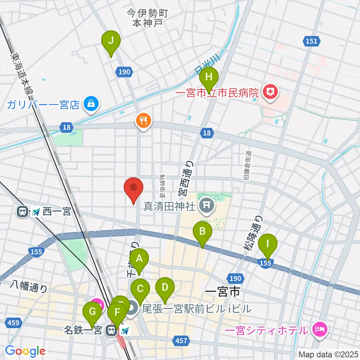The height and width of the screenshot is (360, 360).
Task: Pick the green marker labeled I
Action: pos(268,243)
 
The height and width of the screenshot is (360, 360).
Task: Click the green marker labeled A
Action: pos(139,259)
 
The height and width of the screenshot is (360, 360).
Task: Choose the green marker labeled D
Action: pos(165,288)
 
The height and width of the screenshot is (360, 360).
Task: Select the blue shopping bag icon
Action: pos(91,103)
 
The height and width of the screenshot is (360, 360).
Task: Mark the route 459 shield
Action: pos(13,322)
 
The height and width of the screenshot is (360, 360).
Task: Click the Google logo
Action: pos(25,351)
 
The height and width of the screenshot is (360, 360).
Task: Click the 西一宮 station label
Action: pos(56,212)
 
